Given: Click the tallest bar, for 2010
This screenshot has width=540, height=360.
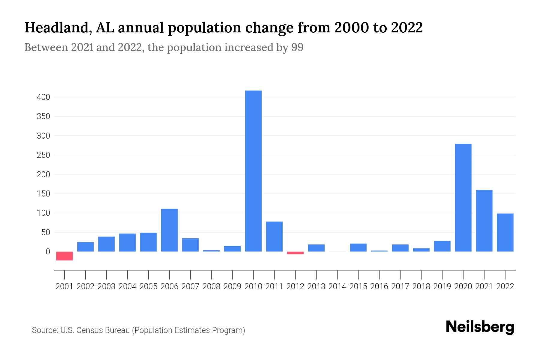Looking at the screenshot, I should click(253, 171).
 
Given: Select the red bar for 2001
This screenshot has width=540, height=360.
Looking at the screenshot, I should click(64, 256).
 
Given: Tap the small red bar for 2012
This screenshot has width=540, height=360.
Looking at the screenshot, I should click(295, 253).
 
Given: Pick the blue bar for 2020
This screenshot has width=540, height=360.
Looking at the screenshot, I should click(463, 198).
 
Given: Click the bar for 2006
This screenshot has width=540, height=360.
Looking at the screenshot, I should click(169, 230).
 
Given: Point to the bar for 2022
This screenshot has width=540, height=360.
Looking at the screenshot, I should click(505, 232).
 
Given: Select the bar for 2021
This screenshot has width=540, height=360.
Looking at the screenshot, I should click(484, 221).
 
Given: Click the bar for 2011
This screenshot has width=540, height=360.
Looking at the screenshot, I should click(274, 236).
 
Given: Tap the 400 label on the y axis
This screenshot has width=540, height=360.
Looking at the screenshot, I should click(43, 97).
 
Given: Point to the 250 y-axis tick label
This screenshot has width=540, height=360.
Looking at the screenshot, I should click(43, 155).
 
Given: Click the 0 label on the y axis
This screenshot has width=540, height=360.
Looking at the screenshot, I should click(47, 252).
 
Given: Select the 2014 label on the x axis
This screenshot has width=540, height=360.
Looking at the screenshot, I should click(337, 286).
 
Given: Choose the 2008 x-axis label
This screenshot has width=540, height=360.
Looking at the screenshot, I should click(211, 286).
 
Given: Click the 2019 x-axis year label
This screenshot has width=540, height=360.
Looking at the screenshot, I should click(442, 286).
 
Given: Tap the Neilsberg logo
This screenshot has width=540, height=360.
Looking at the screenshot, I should click(480, 327).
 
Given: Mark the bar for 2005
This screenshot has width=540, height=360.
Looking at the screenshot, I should click(148, 242).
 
